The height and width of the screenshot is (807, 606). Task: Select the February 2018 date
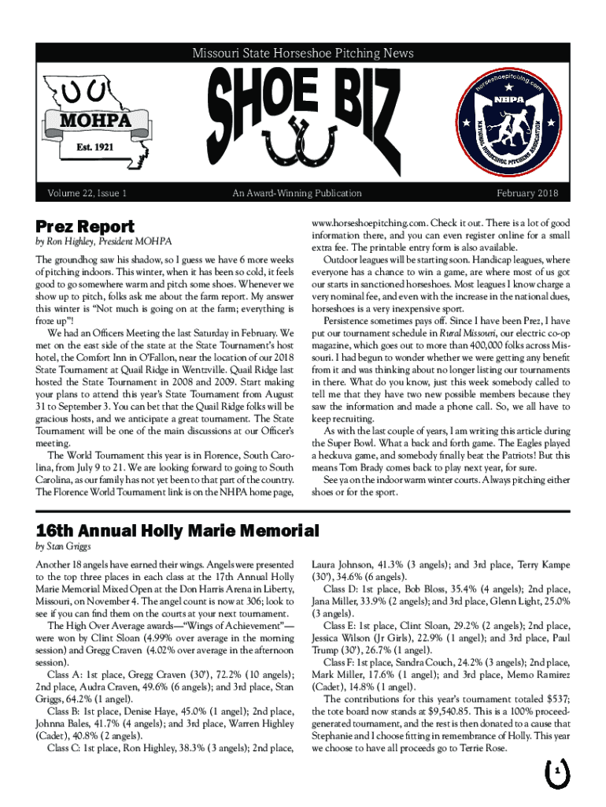click(527, 192)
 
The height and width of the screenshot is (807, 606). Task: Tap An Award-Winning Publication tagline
click(297, 192)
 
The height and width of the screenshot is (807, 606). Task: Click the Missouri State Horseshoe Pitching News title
click(303, 54)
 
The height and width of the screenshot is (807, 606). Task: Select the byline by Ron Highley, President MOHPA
click(104, 241)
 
